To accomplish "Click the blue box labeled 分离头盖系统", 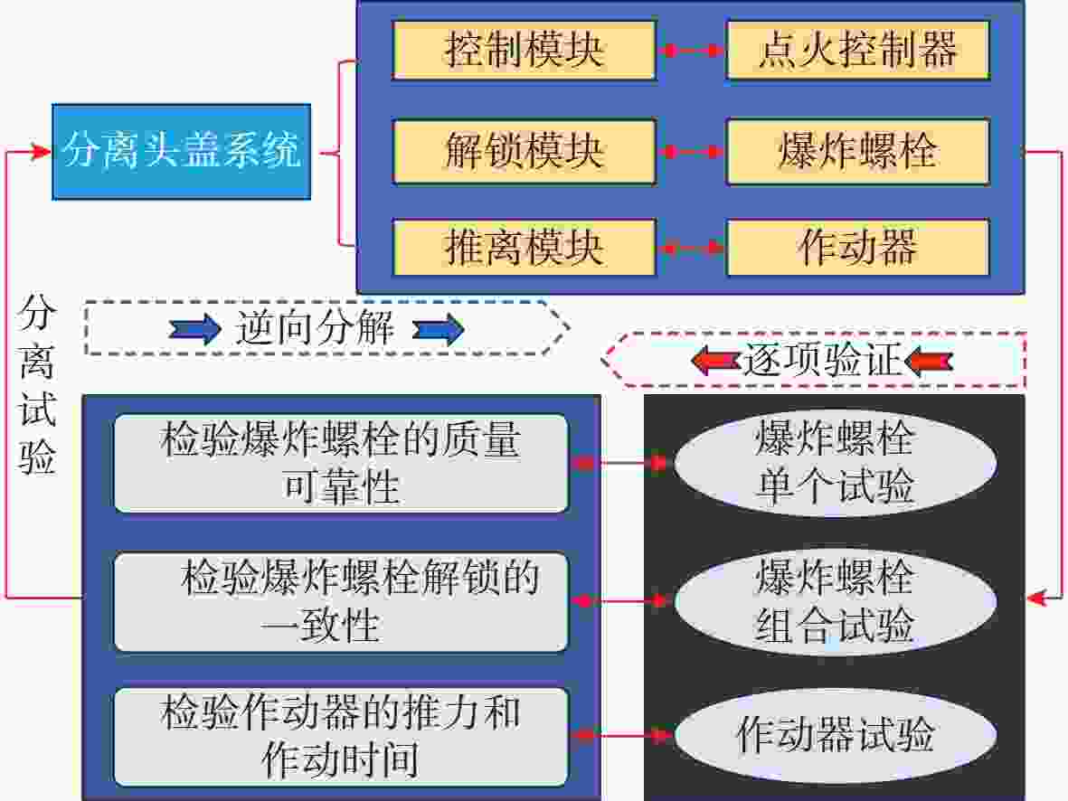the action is (x=181, y=151).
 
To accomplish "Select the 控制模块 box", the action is (x=524, y=50).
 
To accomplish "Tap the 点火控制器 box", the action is (x=857, y=50).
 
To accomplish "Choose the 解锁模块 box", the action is (x=524, y=151).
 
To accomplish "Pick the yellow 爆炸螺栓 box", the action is (x=857, y=151).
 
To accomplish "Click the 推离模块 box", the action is (x=524, y=247).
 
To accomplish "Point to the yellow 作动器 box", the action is (x=857, y=247).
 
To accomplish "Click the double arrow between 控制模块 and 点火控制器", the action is (x=691, y=51).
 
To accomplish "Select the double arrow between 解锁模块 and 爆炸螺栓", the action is (x=691, y=151).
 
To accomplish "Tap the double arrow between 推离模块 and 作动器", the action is (x=691, y=248).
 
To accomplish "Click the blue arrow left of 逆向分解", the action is (x=195, y=329).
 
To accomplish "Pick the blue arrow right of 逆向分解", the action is (x=438, y=330).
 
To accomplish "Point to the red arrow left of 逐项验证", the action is (x=715, y=360).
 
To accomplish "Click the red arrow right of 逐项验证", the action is (x=929, y=361).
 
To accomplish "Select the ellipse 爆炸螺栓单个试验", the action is (x=835, y=463).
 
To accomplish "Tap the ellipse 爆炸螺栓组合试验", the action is (x=835, y=600).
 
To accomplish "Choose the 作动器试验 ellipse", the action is (x=835, y=736).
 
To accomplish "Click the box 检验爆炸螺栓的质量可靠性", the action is (x=341, y=463).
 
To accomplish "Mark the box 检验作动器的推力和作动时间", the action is (x=341, y=736).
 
